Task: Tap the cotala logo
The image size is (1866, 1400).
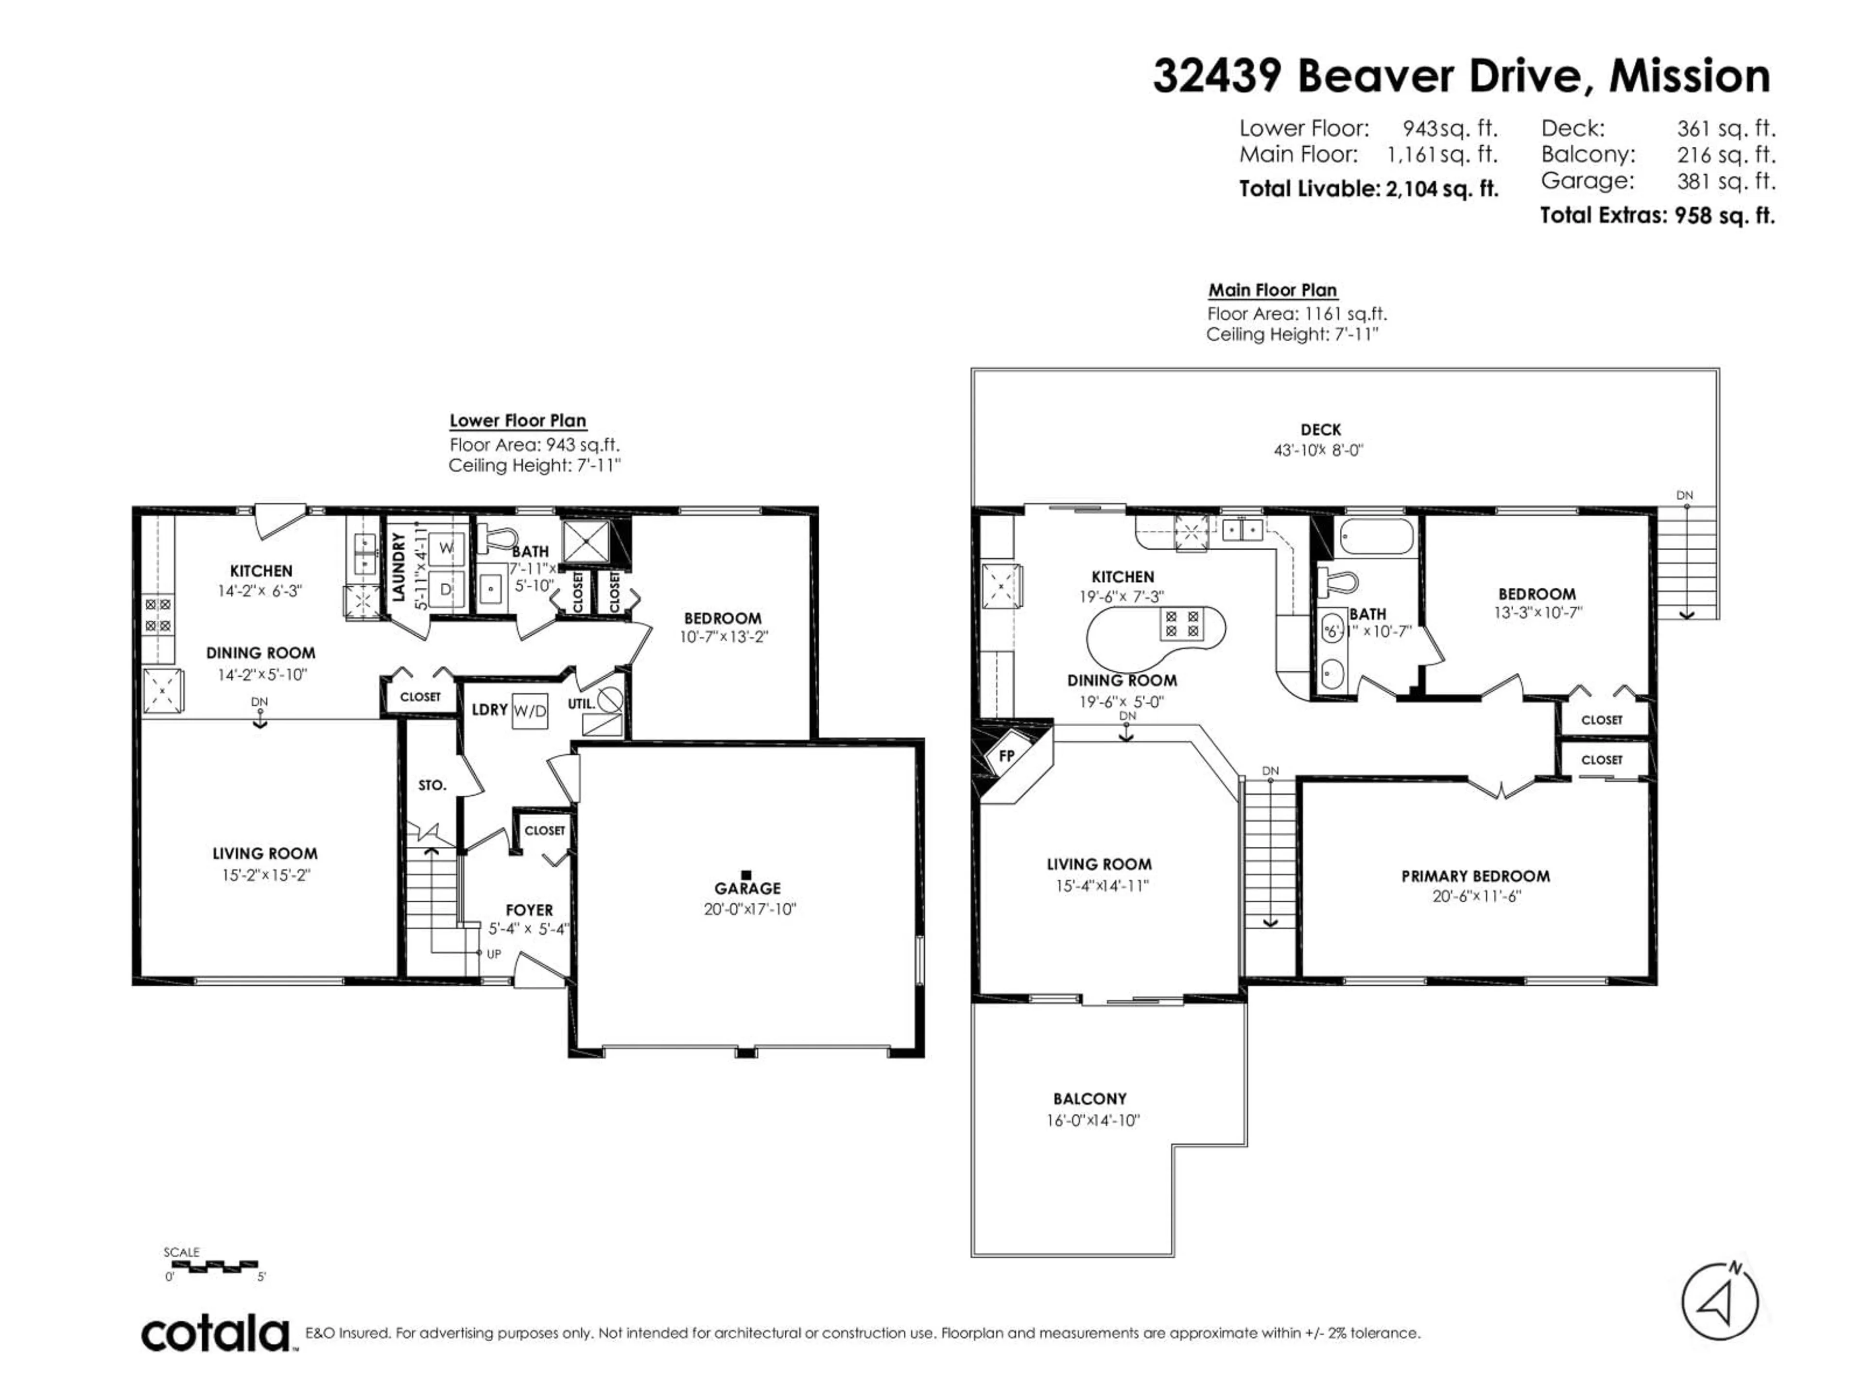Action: click(x=216, y=1335)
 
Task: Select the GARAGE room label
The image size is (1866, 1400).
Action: click(x=747, y=888)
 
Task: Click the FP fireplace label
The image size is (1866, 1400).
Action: click(x=1006, y=756)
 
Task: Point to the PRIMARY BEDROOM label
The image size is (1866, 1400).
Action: click(x=1475, y=876)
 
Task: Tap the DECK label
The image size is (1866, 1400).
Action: click(x=1320, y=430)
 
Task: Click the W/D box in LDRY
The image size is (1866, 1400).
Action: click(x=530, y=711)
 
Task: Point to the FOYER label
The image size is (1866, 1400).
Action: click(x=529, y=910)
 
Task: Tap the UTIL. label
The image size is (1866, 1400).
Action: click(x=581, y=702)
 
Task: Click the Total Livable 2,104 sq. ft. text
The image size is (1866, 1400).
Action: click(x=1368, y=189)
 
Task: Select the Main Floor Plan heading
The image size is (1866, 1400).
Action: click(x=1272, y=290)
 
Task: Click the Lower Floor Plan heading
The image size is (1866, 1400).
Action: click(x=517, y=420)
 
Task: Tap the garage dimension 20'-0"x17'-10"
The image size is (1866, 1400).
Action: click(x=750, y=910)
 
